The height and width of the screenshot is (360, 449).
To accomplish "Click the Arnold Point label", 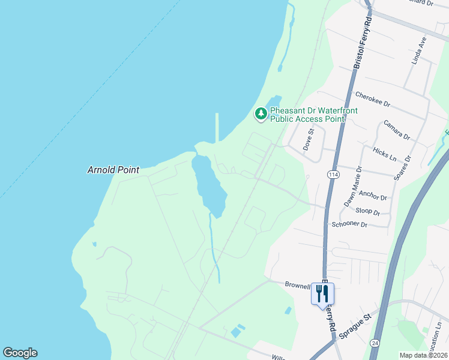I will point(113,170).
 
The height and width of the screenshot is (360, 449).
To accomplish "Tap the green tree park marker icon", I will point(261,113).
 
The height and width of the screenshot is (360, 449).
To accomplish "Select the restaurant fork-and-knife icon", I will point(323,293).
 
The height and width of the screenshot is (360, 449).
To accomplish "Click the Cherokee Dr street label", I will point(373,99).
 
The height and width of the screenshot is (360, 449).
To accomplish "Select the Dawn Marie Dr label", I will point(352,187).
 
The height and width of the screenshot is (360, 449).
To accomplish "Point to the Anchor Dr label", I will point(372,195).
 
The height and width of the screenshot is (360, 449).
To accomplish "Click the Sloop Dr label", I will point(368,212).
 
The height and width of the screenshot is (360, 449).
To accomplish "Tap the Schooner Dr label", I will point(349,224).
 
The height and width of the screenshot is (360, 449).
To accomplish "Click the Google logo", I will point(20,353).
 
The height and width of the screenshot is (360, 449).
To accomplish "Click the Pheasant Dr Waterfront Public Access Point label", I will point(307,115).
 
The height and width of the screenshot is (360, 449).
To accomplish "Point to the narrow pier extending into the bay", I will point(217,127).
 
